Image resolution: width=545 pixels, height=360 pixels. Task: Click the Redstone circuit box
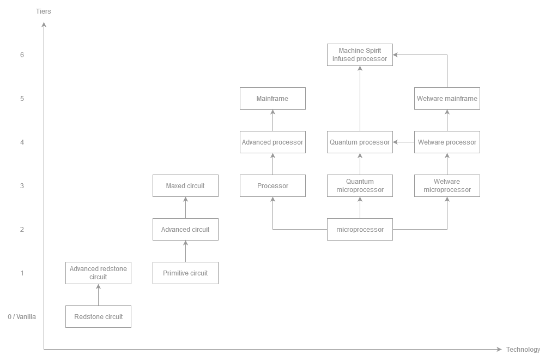(98, 316)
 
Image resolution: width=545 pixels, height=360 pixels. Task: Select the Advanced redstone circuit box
(98, 273)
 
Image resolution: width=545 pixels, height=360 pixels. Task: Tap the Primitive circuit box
(185, 273)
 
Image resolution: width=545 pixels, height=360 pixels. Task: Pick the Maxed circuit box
(185, 185)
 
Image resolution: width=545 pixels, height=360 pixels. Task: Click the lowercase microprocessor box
(360, 229)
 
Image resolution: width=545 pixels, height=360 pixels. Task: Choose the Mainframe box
(272, 98)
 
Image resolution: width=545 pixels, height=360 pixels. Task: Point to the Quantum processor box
(360, 142)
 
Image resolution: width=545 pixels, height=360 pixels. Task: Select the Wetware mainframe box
(447, 98)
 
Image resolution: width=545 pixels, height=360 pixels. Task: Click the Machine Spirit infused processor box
(360, 55)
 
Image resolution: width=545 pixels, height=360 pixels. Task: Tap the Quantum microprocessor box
(360, 185)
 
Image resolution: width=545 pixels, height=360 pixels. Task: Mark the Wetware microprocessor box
(447, 185)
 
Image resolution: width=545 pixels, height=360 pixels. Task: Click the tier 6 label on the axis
(22, 55)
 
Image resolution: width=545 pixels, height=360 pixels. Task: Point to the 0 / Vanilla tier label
(22, 317)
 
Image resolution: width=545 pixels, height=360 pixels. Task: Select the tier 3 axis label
(22, 186)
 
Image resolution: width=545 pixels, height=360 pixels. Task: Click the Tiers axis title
(44, 11)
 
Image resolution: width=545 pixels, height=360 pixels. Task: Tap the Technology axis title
(523, 350)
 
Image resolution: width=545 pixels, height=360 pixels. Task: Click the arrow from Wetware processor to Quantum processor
(403, 142)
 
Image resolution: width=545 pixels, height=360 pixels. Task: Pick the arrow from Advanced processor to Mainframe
(272, 120)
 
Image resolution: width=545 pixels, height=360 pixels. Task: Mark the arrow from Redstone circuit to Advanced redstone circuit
(98, 295)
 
